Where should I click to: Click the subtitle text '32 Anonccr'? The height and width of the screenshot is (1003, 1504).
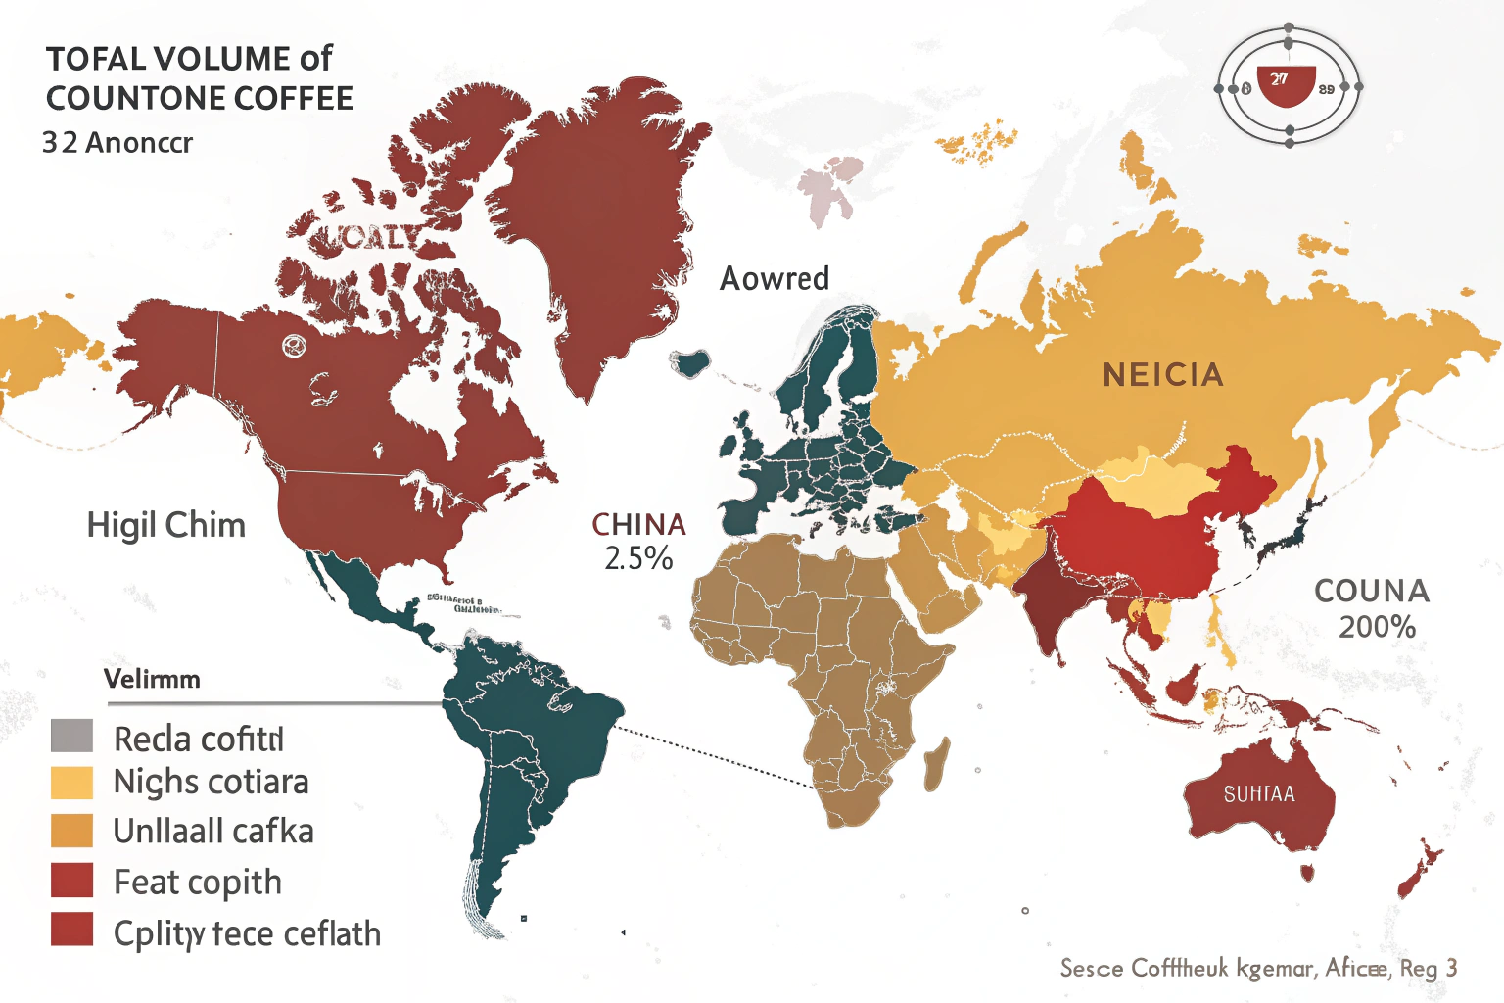click(117, 143)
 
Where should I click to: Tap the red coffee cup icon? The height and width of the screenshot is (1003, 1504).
click(1284, 86)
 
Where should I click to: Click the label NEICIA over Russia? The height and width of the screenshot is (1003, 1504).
click(1163, 375)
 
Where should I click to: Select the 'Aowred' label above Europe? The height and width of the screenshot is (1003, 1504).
click(774, 279)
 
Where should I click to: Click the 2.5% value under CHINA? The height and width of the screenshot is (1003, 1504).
click(638, 558)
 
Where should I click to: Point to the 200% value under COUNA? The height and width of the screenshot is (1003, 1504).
click(1377, 627)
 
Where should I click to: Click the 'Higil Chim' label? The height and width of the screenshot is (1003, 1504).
click(165, 525)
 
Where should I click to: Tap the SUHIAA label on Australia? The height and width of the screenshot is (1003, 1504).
click(1259, 794)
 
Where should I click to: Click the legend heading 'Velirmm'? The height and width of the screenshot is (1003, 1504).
click(152, 679)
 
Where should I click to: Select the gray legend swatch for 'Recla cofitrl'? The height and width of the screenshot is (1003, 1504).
click(71, 736)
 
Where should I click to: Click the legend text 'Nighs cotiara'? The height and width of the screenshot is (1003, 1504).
click(211, 782)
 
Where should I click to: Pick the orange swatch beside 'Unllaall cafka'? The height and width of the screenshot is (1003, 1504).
click(71, 831)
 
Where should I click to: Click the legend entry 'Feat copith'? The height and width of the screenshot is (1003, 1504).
click(197, 883)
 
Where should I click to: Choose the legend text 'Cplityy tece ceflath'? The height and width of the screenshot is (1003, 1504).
click(247, 933)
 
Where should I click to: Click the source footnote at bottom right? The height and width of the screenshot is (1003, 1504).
click(1258, 968)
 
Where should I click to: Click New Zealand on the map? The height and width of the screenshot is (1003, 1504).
click(1419, 871)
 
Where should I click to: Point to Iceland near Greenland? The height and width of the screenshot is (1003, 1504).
click(692, 363)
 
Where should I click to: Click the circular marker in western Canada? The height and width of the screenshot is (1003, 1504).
click(292, 345)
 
